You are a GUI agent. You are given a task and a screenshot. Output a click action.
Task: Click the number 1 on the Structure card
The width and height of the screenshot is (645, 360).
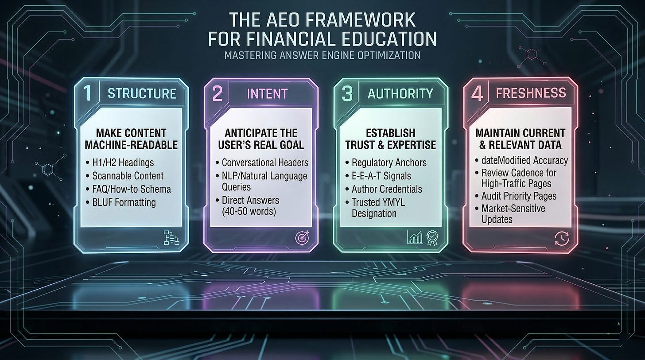[88, 94]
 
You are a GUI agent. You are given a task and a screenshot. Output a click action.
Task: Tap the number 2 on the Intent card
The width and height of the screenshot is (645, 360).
[217, 94]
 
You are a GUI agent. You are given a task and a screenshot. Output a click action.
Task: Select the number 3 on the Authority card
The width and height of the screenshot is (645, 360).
[347, 94]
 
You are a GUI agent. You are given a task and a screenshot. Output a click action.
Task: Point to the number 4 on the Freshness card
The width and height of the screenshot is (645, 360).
[477, 94]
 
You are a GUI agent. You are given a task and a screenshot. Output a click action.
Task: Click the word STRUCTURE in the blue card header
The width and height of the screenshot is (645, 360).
[142, 94]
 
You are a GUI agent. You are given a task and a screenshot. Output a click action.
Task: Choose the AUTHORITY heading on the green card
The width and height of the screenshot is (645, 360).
[400, 93]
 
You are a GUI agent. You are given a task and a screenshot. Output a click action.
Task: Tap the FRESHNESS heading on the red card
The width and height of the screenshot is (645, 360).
[531, 93]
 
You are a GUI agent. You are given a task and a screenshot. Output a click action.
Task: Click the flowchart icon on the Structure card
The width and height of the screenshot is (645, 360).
[171, 238]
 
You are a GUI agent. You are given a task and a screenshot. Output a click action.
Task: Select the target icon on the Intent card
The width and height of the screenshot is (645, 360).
[301, 238]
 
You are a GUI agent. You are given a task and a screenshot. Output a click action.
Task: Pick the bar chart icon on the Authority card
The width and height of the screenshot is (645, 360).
[415, 238]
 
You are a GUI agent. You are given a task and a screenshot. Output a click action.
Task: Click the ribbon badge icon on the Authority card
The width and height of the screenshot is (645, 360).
[431, 238]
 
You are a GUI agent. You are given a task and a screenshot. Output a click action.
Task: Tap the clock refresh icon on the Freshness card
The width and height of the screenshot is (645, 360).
[561, 238]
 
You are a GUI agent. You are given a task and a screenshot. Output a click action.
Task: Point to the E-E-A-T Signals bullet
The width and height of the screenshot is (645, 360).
[381, 176]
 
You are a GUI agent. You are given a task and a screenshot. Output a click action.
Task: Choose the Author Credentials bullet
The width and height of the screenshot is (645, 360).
[386, 189]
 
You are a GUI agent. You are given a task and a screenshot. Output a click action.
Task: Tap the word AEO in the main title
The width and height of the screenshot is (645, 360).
[285, 21]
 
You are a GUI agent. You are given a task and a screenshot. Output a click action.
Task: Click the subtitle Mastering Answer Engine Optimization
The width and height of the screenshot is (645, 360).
[322, 56]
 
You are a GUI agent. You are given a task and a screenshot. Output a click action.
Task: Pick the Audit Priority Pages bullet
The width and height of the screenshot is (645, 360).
[519, 196]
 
